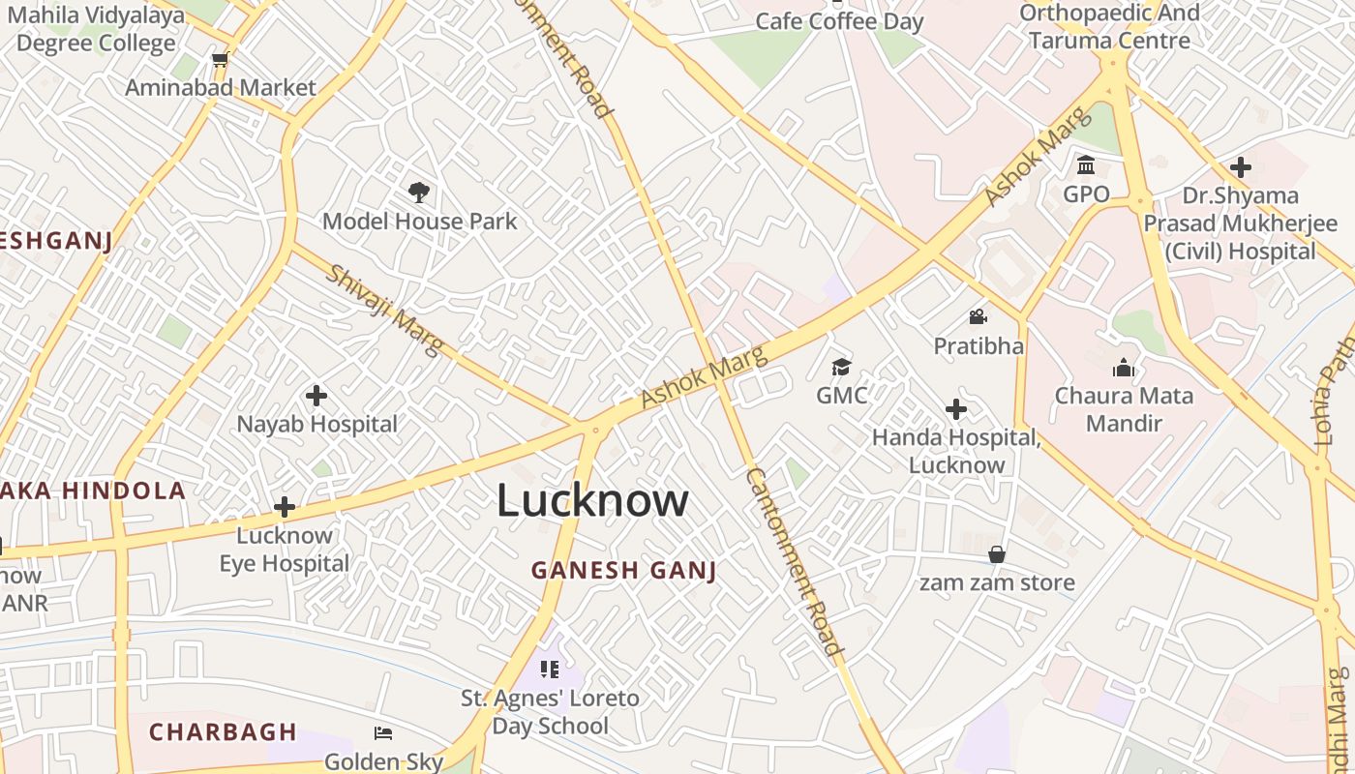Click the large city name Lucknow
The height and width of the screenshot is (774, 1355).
click(592, 501)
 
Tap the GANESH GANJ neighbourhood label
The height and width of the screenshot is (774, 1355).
click(624, 571)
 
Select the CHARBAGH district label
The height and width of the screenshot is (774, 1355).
click(223, 731)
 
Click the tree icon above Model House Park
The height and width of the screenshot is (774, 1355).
click(419, 192)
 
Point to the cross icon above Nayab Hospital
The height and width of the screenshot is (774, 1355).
click(316, 396)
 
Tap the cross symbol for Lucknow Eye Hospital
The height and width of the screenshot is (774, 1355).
click(285, 507)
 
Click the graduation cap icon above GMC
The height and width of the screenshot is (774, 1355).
click(841, 367)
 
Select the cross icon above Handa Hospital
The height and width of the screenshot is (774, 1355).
click(956, 409)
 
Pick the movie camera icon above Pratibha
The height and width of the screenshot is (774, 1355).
click(978, 317)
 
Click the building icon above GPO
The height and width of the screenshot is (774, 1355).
click(1086, 164)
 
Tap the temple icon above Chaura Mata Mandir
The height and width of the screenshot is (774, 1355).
click(1124, 368)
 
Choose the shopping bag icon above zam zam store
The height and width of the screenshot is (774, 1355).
click(997, 554)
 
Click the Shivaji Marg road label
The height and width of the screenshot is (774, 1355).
click(385, 310)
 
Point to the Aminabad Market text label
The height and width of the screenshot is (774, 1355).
click(221, 87)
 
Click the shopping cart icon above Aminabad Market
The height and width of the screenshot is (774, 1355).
click(221, 59)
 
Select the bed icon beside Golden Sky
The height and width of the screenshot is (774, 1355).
click(383, 733)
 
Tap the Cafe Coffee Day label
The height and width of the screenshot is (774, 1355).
click(839, 21)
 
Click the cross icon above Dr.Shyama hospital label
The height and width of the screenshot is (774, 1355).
click(1240, 167)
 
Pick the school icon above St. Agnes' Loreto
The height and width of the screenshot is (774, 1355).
click(550, 670)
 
